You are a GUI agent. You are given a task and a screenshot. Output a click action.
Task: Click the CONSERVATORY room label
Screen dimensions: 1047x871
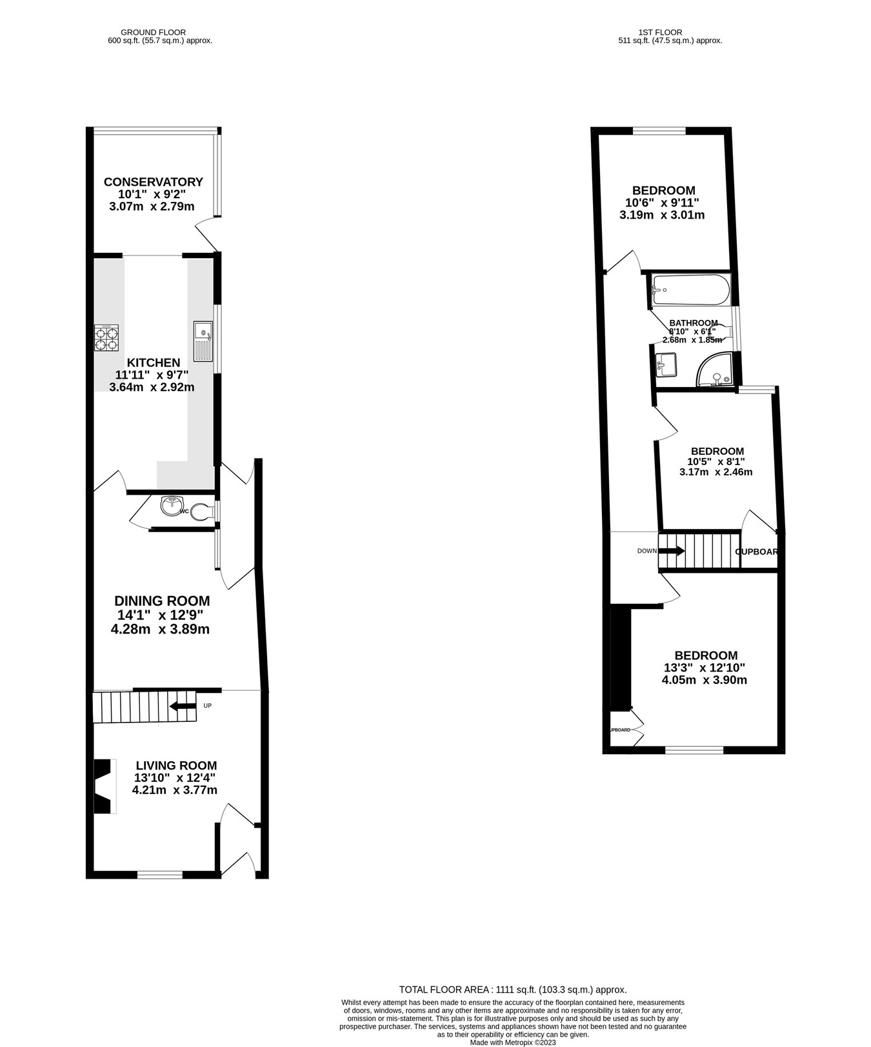pos(154,182)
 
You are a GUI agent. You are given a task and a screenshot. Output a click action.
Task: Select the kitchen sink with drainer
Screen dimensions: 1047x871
pos(203,341)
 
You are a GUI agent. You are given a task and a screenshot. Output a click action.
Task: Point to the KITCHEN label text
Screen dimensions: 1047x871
pos(153,363)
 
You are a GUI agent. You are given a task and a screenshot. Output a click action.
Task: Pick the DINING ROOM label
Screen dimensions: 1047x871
pos(162,601)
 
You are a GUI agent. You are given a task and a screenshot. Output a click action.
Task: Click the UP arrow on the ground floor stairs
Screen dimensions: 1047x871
pos(183,706)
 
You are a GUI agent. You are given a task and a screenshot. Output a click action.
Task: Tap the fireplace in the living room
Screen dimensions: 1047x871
pos(103,786)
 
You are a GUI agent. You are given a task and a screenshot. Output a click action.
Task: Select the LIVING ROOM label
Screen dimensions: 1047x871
pos(176,766)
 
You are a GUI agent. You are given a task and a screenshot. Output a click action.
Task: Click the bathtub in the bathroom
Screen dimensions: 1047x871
pos(690,290)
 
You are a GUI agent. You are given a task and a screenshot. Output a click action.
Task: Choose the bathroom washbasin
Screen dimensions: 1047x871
pos(665,364)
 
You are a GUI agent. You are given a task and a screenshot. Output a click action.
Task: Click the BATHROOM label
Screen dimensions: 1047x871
pos(694,323)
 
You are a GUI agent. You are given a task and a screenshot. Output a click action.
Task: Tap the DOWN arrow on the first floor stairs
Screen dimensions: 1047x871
pos(671,551)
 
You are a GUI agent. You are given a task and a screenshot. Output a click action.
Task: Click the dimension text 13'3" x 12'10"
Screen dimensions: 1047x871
pos(705,668)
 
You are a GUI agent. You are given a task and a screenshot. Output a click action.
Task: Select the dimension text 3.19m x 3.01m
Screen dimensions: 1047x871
pos(662,215)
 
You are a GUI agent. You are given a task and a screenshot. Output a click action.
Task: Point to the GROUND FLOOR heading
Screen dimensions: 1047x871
pos(154,32)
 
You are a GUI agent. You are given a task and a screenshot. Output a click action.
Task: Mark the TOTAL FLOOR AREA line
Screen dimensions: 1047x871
pos(513,989)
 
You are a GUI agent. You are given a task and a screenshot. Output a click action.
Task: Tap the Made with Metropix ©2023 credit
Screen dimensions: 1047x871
pos(513,1042)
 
